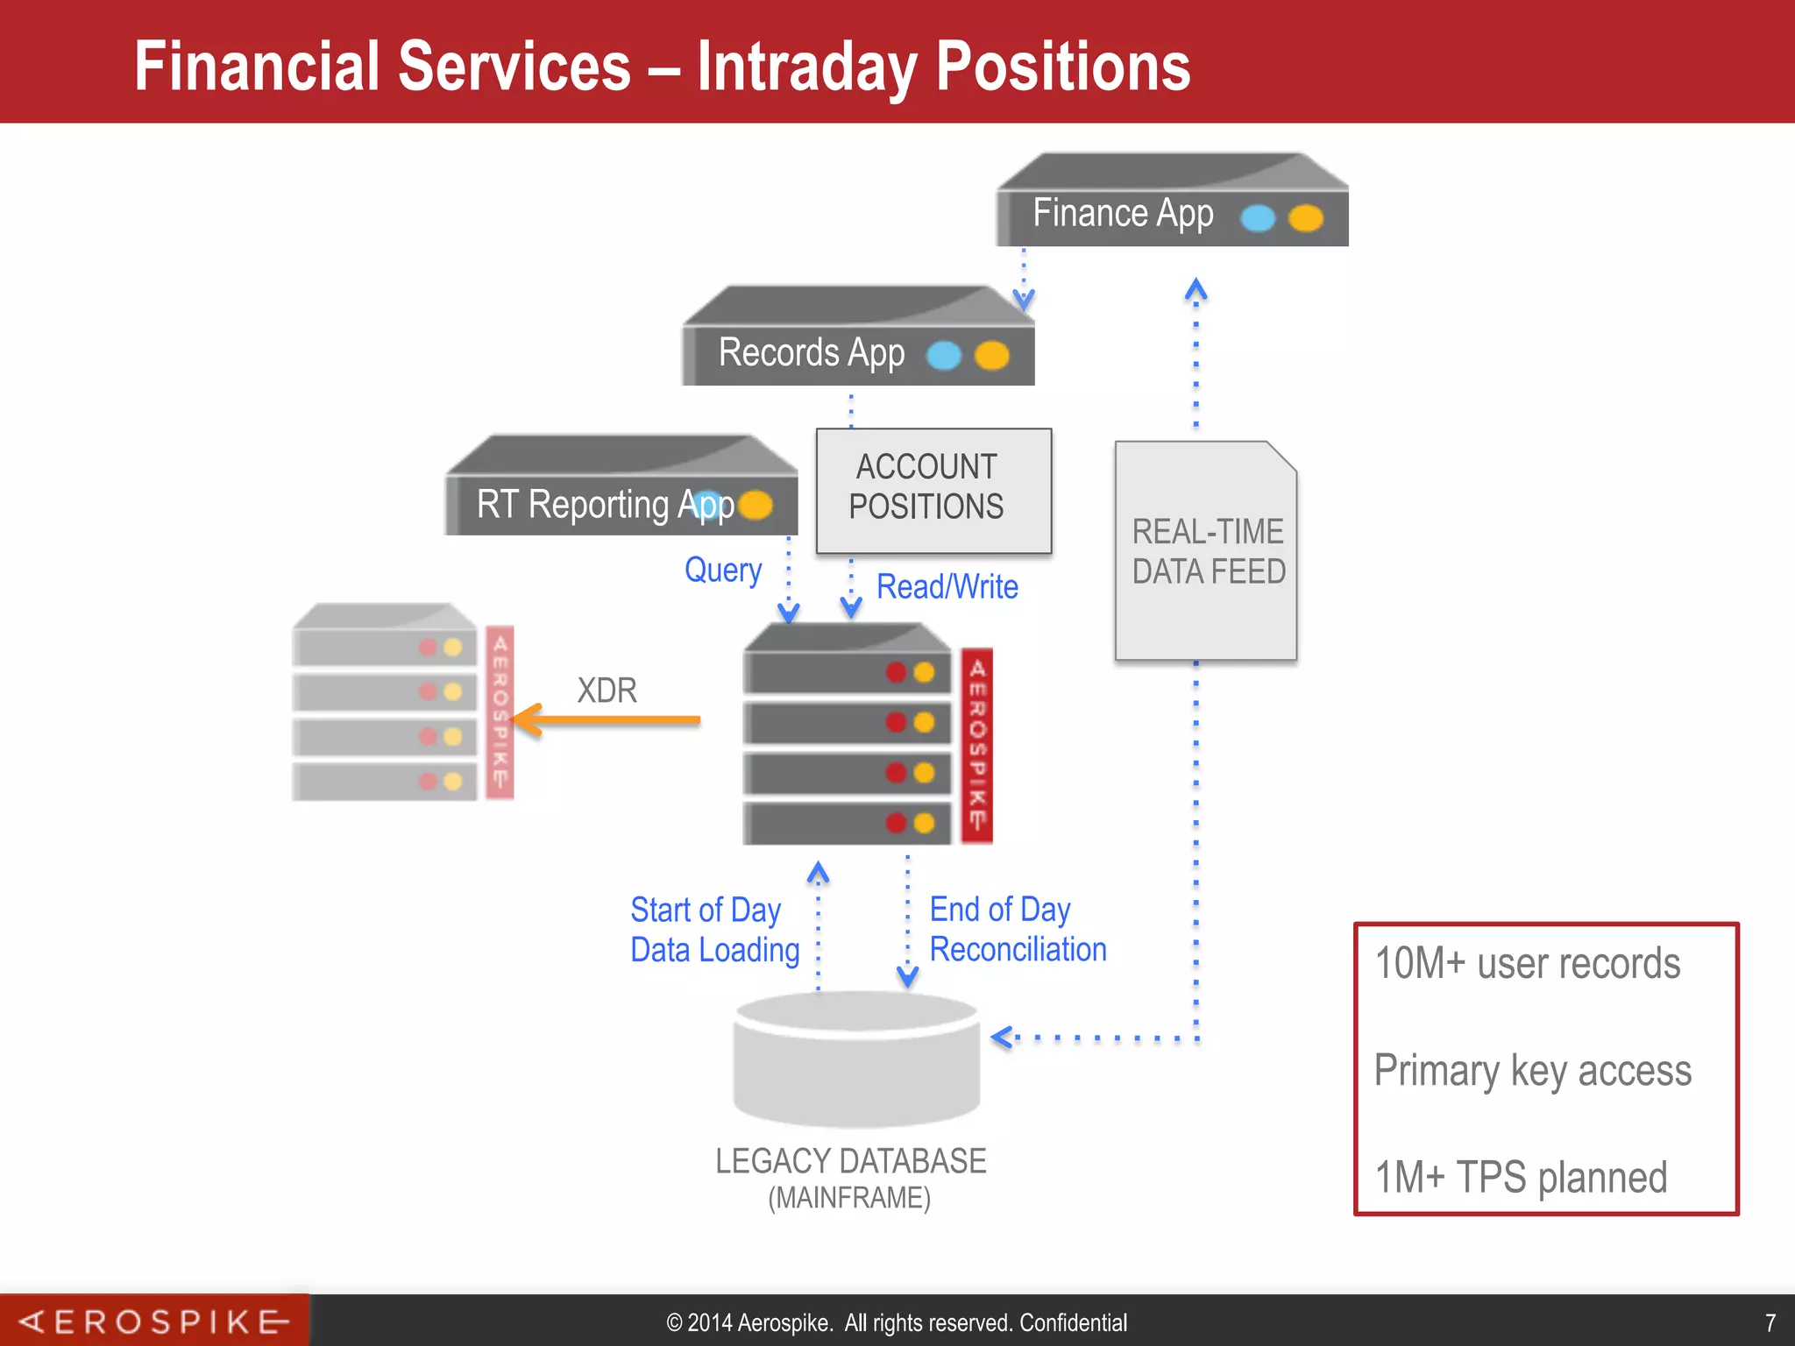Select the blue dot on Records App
click(x=943, y=355)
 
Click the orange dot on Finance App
click(x=1305, y=217)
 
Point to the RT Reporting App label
click(x=605, y=505)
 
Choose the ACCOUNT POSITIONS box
click(x=933, y=489)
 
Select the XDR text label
click(x=607, y=691)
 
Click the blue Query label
click(x=723, y=570)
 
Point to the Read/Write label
click(x=947, y=586)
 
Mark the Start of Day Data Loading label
click(x=714, y=930)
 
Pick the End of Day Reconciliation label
click(x=1018, y=930)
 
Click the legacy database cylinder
click(x=856, y=1060)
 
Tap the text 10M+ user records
click(x=1527, y=963)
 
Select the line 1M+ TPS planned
click(x=1521, y=1177)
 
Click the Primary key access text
click(x=1532, y=1070)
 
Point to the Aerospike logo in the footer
click(x=154, y=1321)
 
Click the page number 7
click(x=1770, y=1322)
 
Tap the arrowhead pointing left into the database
click(x=1001, y=1038)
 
